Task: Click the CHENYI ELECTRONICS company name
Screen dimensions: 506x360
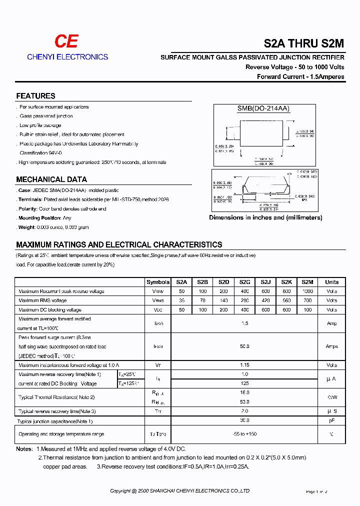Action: (67, 57)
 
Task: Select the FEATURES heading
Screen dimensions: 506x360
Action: (35, 96)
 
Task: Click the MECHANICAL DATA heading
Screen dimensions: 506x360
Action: (51, 179)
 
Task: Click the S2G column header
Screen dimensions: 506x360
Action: (245, 282)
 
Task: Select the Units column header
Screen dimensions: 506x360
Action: (331, 282)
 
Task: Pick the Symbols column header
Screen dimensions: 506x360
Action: (158, 282)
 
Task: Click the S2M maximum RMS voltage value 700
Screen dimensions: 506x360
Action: (307, 300)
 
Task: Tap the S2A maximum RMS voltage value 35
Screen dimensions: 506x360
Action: (181, 300)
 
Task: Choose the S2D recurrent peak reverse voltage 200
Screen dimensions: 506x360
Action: (223, 291)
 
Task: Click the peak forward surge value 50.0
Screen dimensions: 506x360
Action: (244, 346)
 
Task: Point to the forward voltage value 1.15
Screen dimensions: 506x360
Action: (244, 365)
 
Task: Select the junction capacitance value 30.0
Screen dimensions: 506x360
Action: (244, 420)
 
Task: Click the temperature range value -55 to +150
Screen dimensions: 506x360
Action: (244, 434)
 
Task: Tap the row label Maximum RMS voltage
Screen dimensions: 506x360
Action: (42, 300)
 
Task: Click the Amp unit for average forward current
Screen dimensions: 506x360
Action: (331, 323)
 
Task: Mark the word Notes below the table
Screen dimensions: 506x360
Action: (24, 449)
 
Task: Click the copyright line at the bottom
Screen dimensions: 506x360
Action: (179, 491)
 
